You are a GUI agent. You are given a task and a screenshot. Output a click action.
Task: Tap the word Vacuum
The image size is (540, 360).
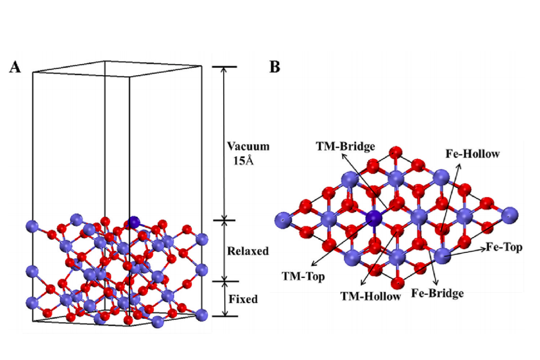[x=248, y=146]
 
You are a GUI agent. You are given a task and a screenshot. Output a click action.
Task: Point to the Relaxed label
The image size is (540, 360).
[x=248, y=251]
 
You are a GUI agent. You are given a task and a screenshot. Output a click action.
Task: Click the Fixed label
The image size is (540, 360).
[x=243, y=299]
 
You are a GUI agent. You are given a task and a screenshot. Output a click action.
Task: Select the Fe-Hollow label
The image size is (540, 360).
[x=472, y=154]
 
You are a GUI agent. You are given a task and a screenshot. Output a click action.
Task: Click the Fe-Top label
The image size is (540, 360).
[x=503, y=247]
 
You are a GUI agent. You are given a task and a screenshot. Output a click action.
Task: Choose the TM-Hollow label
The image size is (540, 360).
[x=371, y=296]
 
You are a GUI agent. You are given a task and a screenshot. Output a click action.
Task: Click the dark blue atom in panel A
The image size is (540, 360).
[x=134, y=222]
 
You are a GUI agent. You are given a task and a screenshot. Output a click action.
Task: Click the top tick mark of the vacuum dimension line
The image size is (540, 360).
[x=224, y=67]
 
